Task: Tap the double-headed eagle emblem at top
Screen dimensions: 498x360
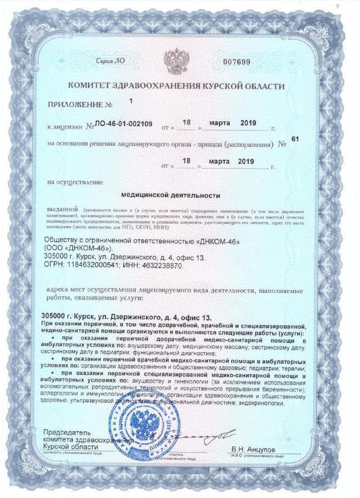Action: tap(175, 61)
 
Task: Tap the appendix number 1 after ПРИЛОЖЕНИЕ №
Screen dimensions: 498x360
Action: tap(130, 101)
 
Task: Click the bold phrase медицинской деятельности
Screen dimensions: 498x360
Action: tap(171, 196)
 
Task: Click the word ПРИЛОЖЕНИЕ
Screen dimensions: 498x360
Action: tap(74, 104)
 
